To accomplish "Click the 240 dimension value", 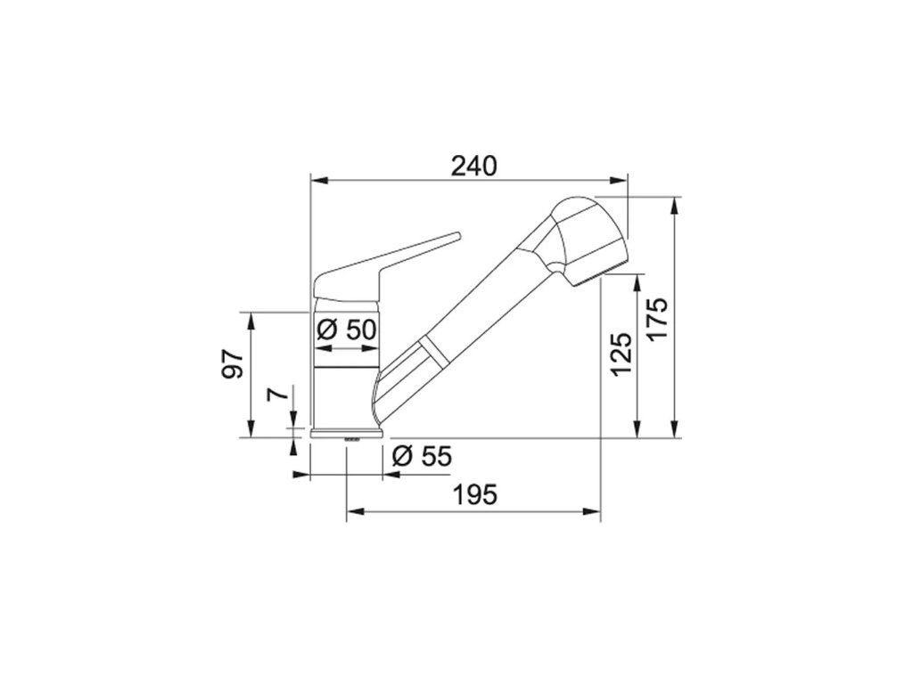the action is click(x=474, y=167).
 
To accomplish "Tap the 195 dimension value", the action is click(x=475, y=495).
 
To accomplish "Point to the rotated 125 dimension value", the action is click(x=621, y=354).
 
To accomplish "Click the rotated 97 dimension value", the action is click(x=233, y=364).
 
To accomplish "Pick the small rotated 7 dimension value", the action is click(x=278, y=394).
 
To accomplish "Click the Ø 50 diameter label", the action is click(x=347, y=330).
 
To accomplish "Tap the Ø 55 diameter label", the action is click(x=422, y=456).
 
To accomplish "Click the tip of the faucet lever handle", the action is click(x=457, y=235).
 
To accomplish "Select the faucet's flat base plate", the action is click(x=347, y=433).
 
